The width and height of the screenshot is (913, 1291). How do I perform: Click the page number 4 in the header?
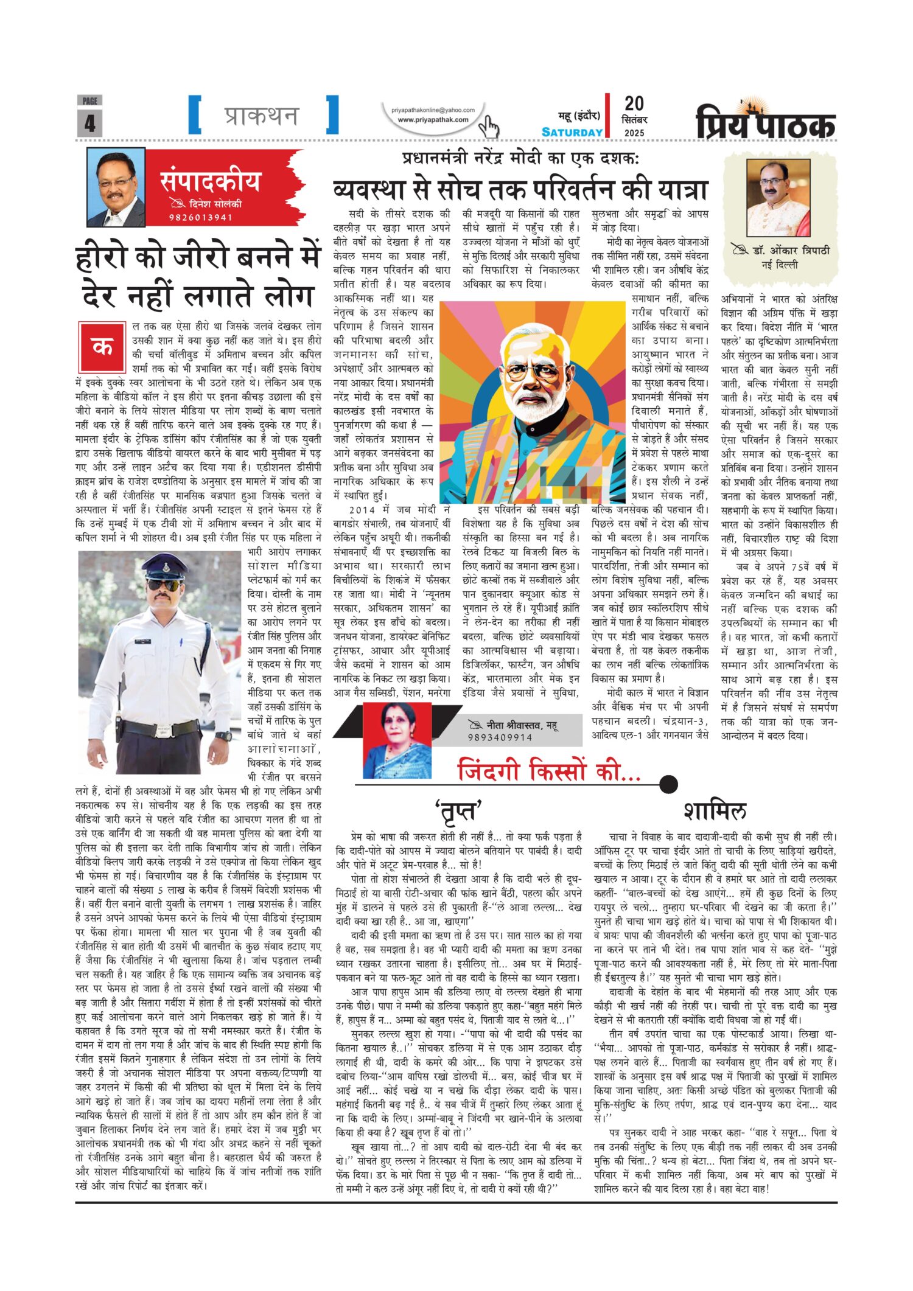pos(89,123)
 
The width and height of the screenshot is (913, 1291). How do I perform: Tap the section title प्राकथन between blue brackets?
pos(262,115)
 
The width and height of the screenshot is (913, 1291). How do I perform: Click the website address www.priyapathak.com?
pos(433,120)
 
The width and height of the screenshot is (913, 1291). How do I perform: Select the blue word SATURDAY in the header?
pos(572,132)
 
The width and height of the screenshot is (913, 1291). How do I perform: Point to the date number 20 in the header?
pos(634,103)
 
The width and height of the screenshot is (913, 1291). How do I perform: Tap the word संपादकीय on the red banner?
pos(210,181)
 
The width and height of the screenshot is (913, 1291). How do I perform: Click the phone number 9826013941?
pos(201,217)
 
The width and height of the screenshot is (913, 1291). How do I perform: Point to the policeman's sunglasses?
pos(164,585)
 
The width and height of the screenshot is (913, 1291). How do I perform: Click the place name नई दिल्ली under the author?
pos(780,265)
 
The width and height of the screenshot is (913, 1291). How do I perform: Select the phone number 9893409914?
pos(500,737)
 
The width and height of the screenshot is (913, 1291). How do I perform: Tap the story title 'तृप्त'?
pos(458,811)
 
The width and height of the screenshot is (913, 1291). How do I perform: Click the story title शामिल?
pos(715,810)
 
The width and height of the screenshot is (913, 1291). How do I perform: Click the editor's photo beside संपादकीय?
pos(116,188)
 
